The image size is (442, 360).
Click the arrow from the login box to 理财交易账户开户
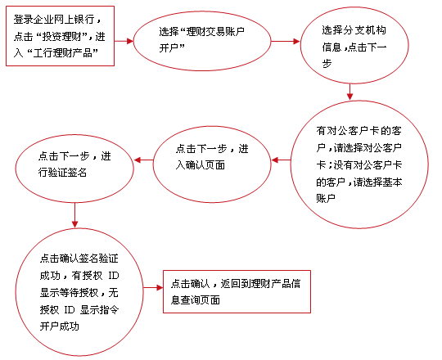point(124,41)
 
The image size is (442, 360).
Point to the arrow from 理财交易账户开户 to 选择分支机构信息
point(286,42)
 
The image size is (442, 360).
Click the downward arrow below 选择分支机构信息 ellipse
point(350,92)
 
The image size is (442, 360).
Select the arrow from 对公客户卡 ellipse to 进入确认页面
point(281,160)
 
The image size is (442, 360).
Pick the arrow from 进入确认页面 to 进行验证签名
point(143,160)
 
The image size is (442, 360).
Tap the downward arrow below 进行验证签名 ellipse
point(74,215)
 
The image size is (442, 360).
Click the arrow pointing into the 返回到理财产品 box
point(153,288)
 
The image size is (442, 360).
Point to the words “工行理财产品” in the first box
point(62,52)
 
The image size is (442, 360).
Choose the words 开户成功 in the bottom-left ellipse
point(60,326)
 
